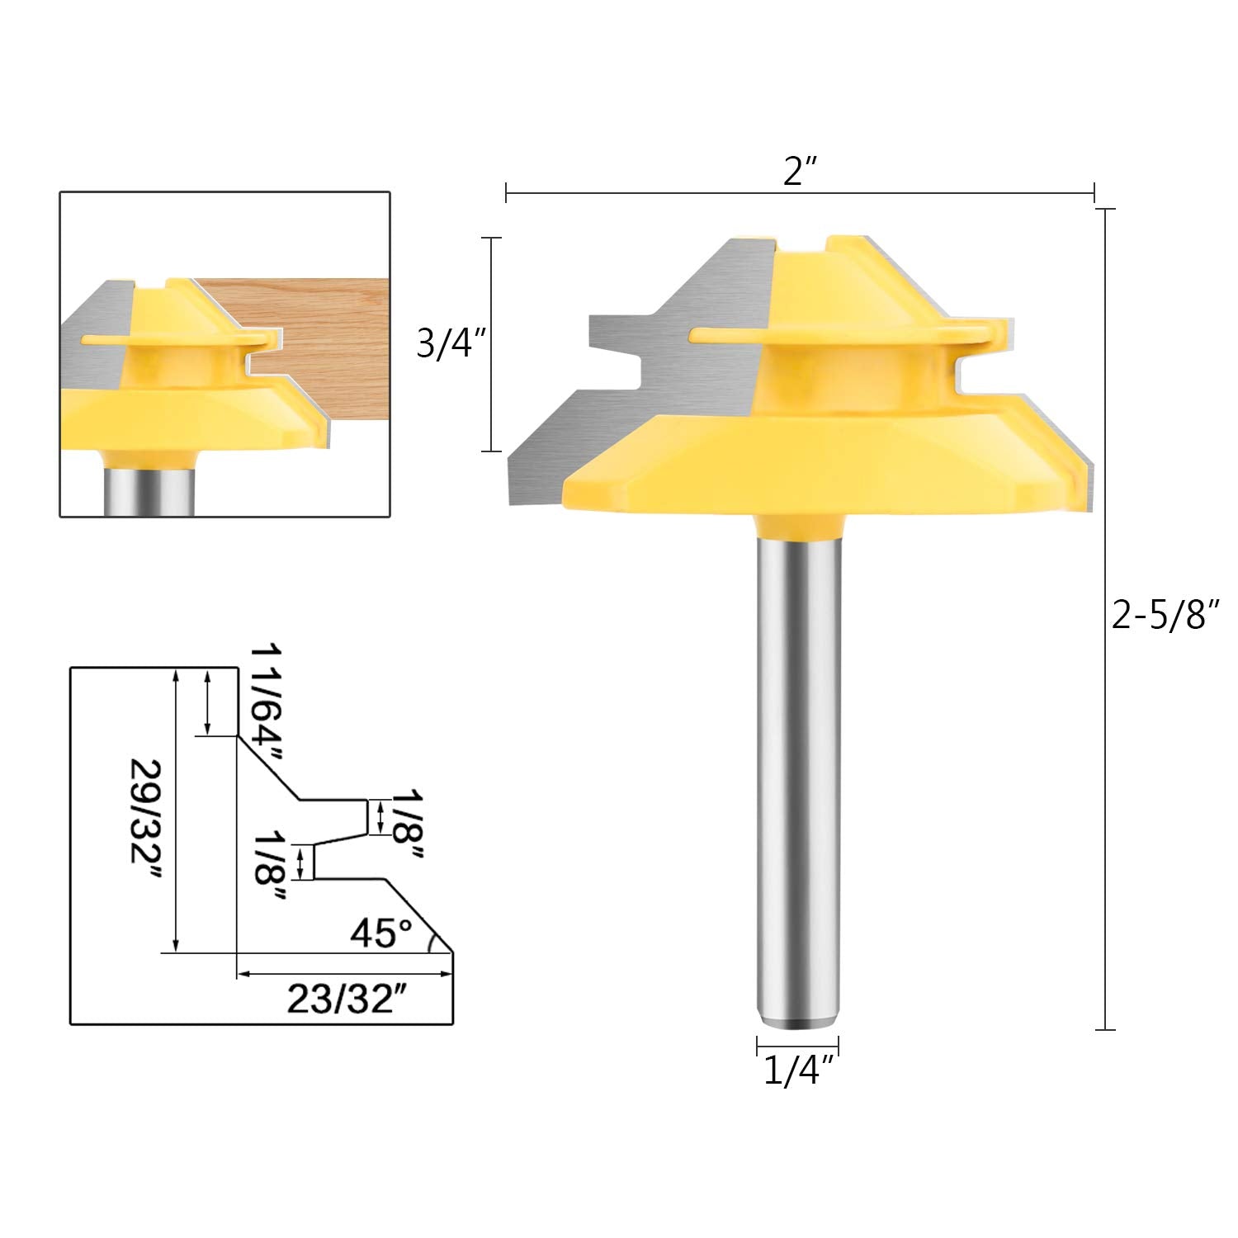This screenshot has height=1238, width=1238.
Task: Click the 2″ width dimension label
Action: pos(799,171)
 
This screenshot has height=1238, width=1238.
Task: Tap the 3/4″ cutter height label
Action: pos(447,344)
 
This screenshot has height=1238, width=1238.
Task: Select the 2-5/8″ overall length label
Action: pos(1165,615)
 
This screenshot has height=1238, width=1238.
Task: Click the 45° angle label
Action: pos(380,933)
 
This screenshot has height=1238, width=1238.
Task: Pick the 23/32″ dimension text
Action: pos(347,999)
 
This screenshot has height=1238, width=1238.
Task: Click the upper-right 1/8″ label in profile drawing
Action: pos(406,825)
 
